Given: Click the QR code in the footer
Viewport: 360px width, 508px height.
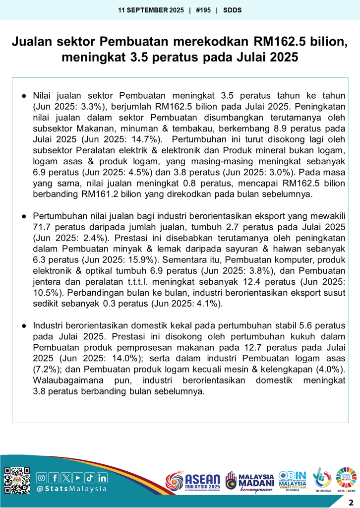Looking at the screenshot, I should click(17, 480).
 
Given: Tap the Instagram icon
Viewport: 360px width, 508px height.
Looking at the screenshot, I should click(42, 478).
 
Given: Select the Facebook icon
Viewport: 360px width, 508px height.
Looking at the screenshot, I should click(54, 478).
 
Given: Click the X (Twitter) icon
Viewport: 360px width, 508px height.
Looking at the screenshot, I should click(66, 478).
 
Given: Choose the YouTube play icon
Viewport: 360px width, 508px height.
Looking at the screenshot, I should click(78, 478).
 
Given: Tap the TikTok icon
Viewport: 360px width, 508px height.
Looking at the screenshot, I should click(90, 478).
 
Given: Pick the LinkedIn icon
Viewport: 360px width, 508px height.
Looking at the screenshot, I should click(102, 478).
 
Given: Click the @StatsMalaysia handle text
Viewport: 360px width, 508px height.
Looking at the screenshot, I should click(72, 489).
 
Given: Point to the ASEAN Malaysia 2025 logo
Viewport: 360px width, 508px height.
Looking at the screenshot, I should click(193, 481).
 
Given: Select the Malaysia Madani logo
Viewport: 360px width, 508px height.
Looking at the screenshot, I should click(250, 481).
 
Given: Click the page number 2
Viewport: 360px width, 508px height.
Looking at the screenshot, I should click(351, 501).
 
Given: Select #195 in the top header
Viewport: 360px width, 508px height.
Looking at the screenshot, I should click(203, 9).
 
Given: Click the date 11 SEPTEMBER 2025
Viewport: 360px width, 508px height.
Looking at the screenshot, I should click(151, 9).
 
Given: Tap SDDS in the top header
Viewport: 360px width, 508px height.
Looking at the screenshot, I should click(233, 9).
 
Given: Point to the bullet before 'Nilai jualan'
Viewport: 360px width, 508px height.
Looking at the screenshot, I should click(23, 95).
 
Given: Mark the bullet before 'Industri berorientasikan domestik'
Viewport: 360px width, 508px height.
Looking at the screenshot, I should click(23, 325).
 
